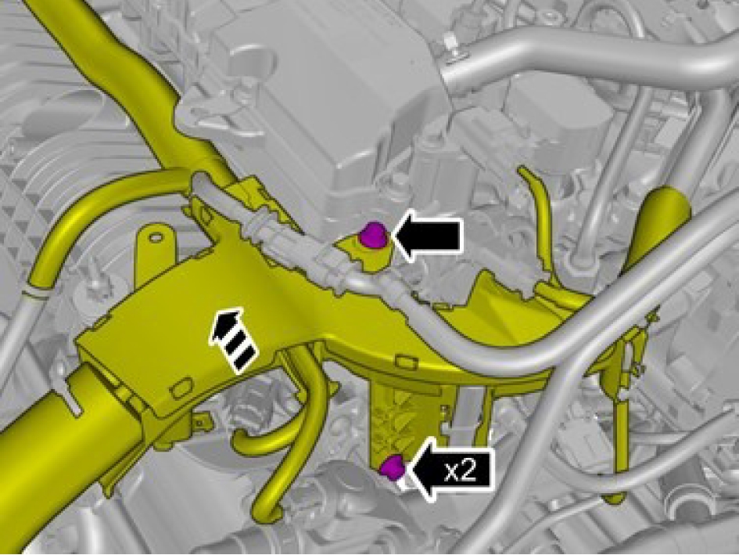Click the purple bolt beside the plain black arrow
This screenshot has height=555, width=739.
pos(373,235)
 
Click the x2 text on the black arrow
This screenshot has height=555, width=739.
pos(461,471)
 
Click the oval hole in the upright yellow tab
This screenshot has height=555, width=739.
pos(155,237)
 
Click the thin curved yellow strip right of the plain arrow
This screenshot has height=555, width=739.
pos(536,207)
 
